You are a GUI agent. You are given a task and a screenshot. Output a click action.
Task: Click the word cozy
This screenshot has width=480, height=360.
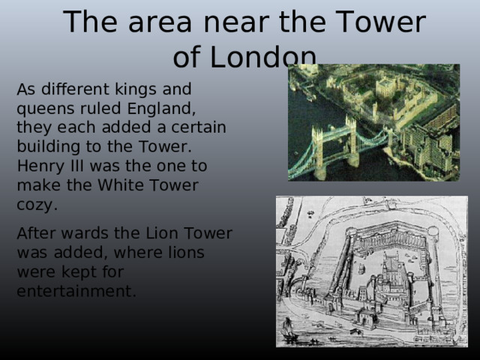point(34,204)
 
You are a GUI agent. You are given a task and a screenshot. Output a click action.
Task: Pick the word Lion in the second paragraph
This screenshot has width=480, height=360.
point(157,233)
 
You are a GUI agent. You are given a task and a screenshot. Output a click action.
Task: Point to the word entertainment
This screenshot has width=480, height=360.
point(75,292)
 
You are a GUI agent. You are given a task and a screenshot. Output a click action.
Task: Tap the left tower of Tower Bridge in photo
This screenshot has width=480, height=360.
point(318,150)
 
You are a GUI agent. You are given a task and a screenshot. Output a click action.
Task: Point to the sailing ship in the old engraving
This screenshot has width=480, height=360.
point(288,328)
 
